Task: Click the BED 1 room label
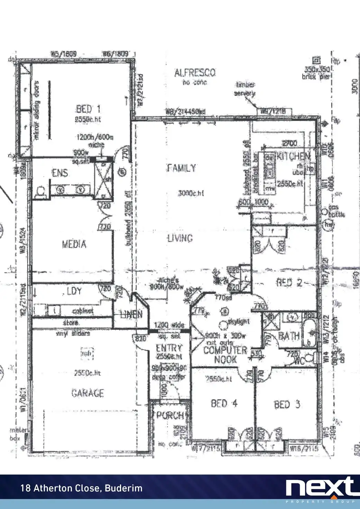coord(88,110)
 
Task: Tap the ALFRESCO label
coord(195,73)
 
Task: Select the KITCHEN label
coord(293,156)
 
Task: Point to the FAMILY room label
coord(182,168)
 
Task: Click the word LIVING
coord(180,238)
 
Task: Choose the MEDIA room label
coord(74,244)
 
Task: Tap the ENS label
coord(60,173)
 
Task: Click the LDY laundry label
coord(74,291)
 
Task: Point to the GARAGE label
coord(87,393)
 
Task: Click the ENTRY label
coord(169,348)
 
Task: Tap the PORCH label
coord(170,415)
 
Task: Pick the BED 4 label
coord(224,404)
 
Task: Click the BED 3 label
coord(287,404)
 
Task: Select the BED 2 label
coord(289,283)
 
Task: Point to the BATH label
coord(289,336)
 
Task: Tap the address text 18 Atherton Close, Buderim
coord(82,488)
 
